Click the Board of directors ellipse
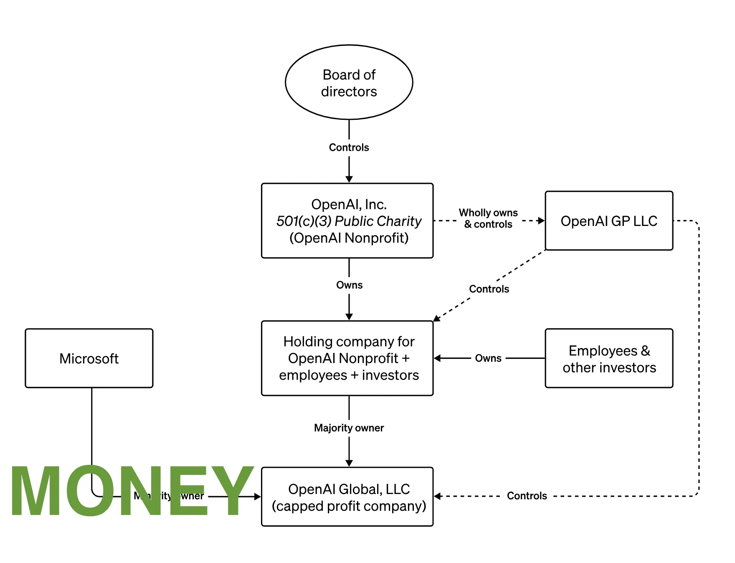tap(349, 82)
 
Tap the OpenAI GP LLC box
tap(609, 221)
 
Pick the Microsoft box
tap(89, 358)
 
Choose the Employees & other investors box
tap(609, 358)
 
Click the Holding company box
tap(347, 358)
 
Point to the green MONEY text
tap(132, 491)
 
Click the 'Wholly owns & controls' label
tap(488, 218)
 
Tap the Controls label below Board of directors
tap(349, 147)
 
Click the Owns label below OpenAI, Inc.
tap(349, 285)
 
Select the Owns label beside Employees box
tap(488, 358)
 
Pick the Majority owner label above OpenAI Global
tap(349, 428)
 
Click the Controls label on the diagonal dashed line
tap(489, 289)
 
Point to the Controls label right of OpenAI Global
tap(527, 496)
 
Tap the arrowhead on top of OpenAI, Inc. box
tap(349, 179)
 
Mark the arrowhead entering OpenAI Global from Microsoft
tap(257, 497)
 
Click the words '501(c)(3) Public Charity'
tap(349, 221)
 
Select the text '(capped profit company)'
tap(349, 506)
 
